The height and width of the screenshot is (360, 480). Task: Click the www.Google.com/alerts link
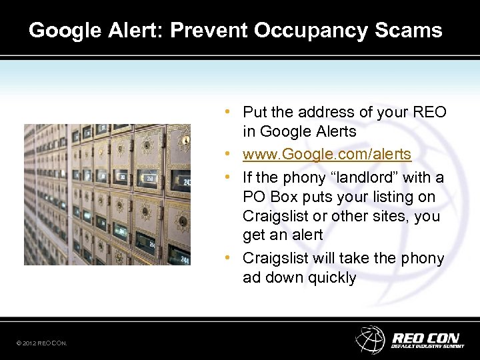click(x=327, y=155)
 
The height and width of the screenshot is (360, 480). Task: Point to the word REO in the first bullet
click(x=431, y=112)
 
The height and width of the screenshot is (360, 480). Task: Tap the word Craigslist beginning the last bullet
click(x=274, y=258)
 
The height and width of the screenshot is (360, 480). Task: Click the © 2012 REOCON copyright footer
click(x=41, y=343)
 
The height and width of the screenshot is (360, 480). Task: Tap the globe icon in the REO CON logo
click(x=370, y=339)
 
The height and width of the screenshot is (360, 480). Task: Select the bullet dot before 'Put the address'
click(x=228, y=111)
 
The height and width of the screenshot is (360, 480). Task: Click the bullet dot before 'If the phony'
click(x=228, y=177)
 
